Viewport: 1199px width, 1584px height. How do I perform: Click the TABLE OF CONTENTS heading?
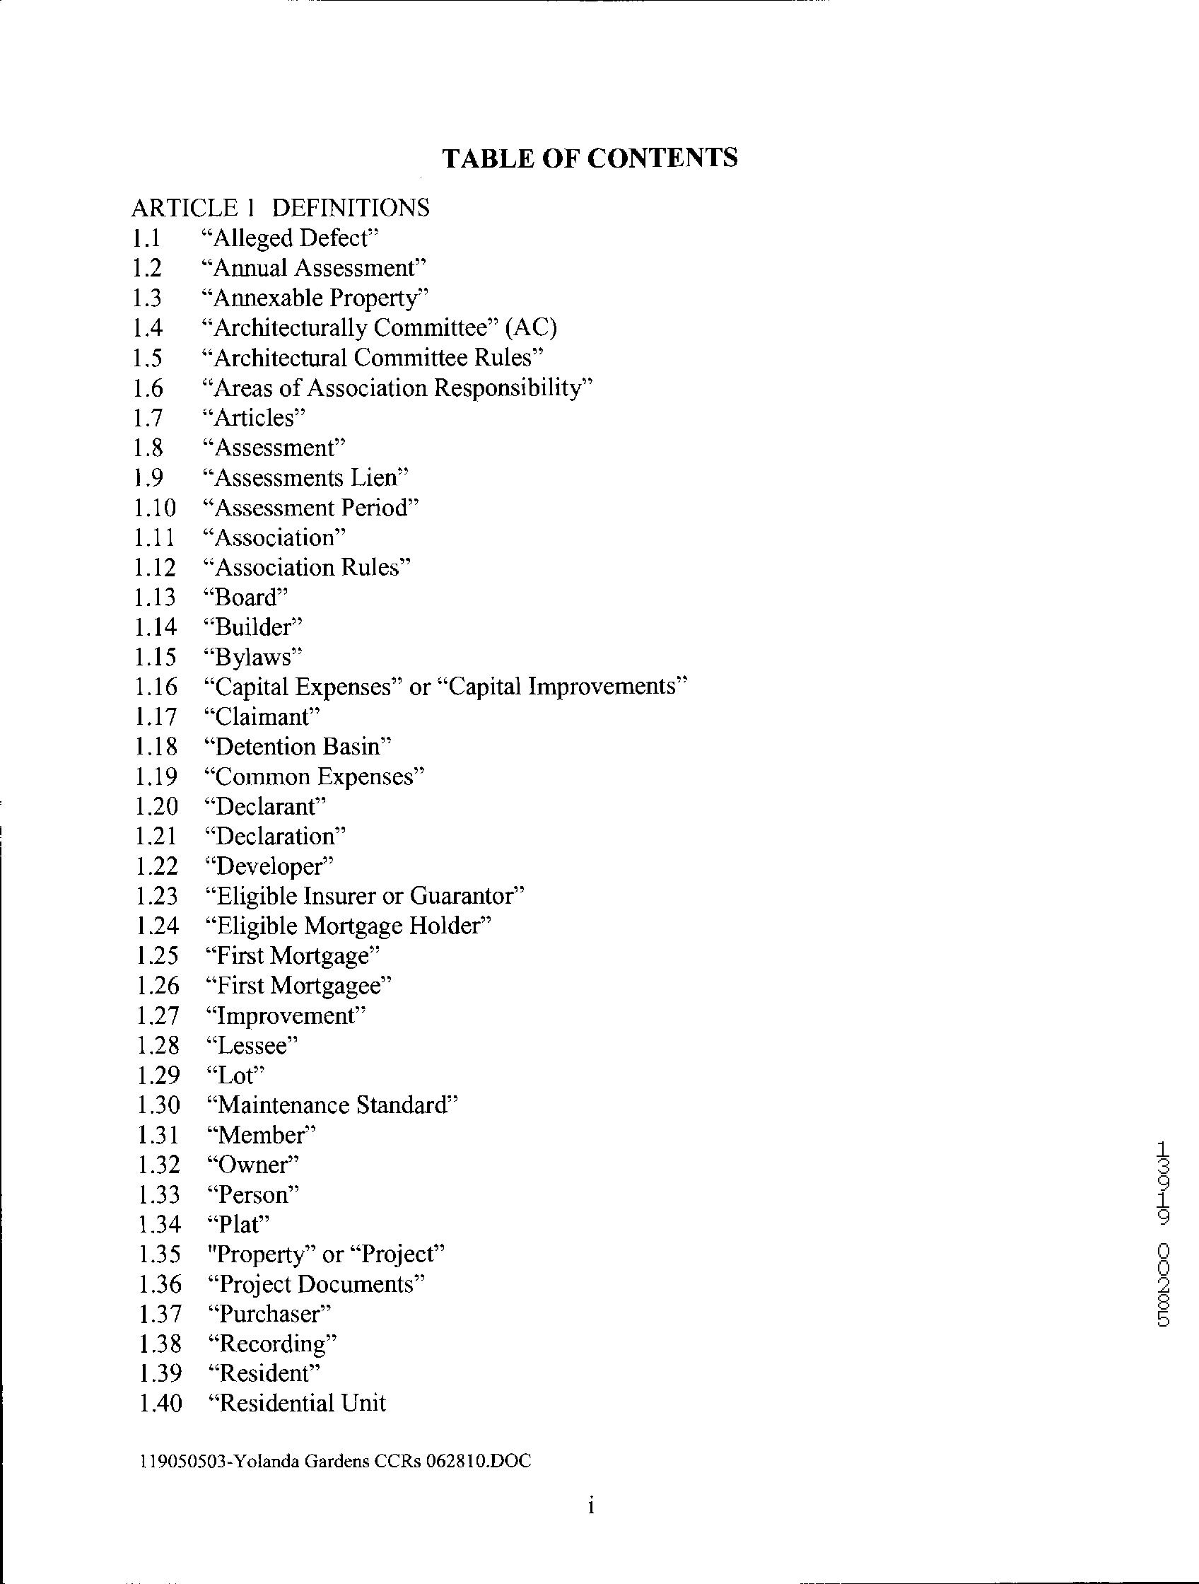point(590,158)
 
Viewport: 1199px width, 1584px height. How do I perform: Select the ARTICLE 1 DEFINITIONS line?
point(280,208)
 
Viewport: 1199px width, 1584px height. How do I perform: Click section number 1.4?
point(148,328)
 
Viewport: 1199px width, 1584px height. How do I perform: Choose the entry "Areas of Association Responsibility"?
point(398,388)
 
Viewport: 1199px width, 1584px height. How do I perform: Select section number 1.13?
point(154,598)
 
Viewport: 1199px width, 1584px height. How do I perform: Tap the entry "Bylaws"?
point(254,657)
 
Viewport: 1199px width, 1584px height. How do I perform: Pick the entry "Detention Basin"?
point(298,746)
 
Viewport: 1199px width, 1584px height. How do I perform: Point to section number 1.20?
point(156,806)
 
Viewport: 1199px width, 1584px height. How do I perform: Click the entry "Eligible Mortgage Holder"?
point(348,926)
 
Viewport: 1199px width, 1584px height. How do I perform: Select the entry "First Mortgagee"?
point(298,985)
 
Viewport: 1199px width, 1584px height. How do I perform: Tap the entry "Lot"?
point(235,1075)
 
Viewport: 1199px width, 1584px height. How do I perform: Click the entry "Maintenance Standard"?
point(332,1105)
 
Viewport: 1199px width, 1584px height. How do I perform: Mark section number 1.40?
point(160,1403)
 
